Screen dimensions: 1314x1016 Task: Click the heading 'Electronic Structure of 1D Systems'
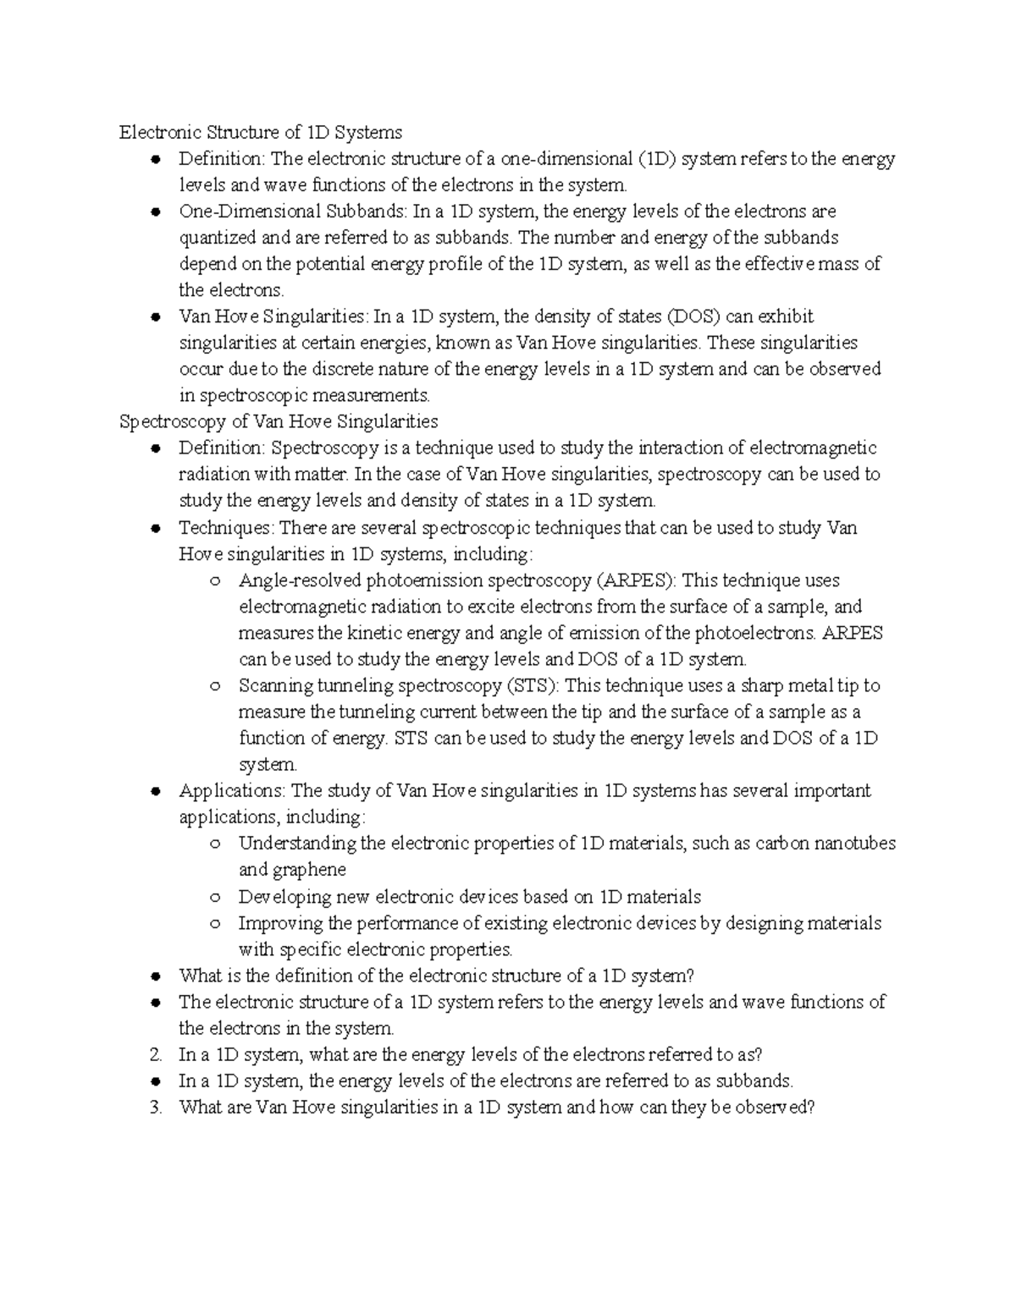261,132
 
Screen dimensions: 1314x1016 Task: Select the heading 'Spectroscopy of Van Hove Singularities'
279,421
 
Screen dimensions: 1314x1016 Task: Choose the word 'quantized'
214,238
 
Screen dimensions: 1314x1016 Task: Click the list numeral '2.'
155,1054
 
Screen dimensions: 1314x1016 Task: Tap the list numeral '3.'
155,1107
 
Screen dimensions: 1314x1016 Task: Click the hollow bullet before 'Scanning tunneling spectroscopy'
214,686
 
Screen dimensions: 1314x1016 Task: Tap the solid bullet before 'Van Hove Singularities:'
155,317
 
